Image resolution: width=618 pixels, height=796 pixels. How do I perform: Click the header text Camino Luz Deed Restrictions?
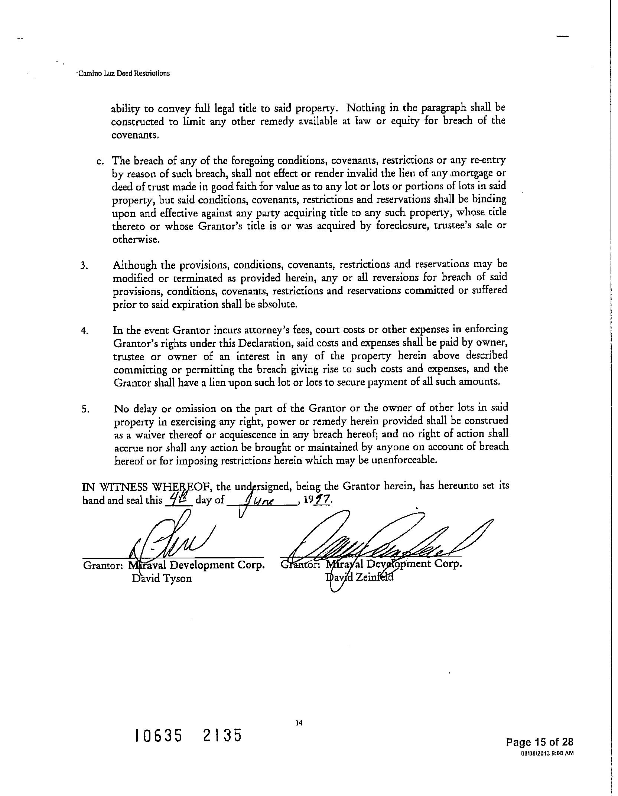coord(123,73)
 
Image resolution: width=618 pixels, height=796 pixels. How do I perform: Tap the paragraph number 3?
coord(84,267)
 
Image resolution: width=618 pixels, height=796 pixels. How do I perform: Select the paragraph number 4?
coord(84,331)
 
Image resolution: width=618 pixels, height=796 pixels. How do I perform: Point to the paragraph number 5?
coord(85,410)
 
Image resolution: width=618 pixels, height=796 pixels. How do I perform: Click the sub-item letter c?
coord(100,161)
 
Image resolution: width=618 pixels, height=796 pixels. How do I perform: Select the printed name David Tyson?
coord(162,578)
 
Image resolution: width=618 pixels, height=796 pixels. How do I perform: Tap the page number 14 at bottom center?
coord(299,723)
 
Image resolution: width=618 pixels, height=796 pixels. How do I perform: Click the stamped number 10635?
coord(159,735)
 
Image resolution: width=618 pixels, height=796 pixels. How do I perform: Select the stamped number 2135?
coord(222,735)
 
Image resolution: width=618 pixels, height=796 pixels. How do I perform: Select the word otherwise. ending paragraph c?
coord(136,240)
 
